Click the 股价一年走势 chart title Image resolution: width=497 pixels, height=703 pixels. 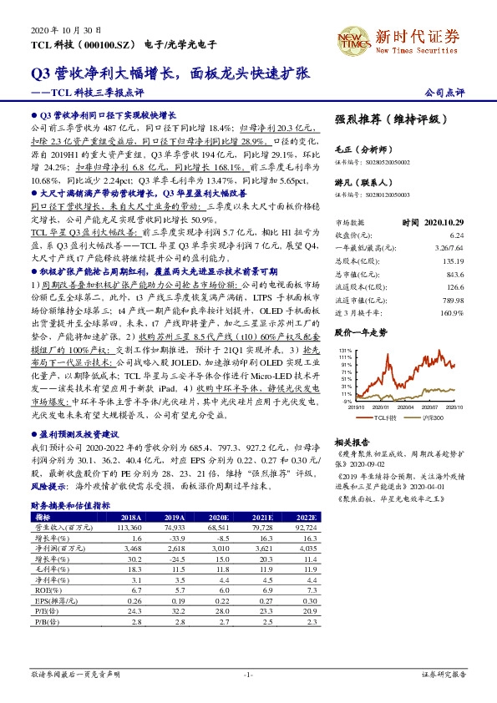point(361,331)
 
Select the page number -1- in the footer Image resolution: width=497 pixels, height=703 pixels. point(248,673)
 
